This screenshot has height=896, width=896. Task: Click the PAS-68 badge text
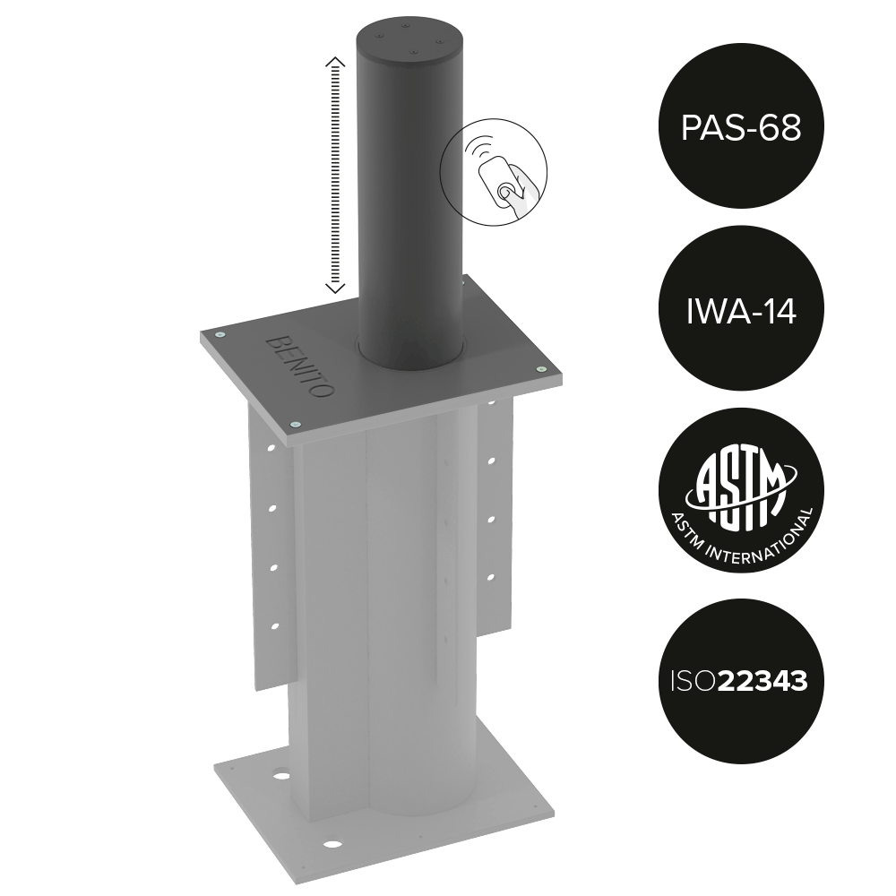pyautogui.click(x=741, y=127)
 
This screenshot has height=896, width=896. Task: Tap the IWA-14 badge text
pyautogui.click(x=741, y=312)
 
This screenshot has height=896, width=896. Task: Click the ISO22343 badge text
pyautogui.click(x=739, y=681)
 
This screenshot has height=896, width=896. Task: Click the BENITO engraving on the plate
pyautogui.click(x=299, y=366)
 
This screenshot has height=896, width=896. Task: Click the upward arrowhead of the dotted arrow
pyautogui.click(x=335, y=62)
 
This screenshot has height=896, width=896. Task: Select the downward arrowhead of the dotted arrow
pyautogui.click(x=335, y=288)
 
